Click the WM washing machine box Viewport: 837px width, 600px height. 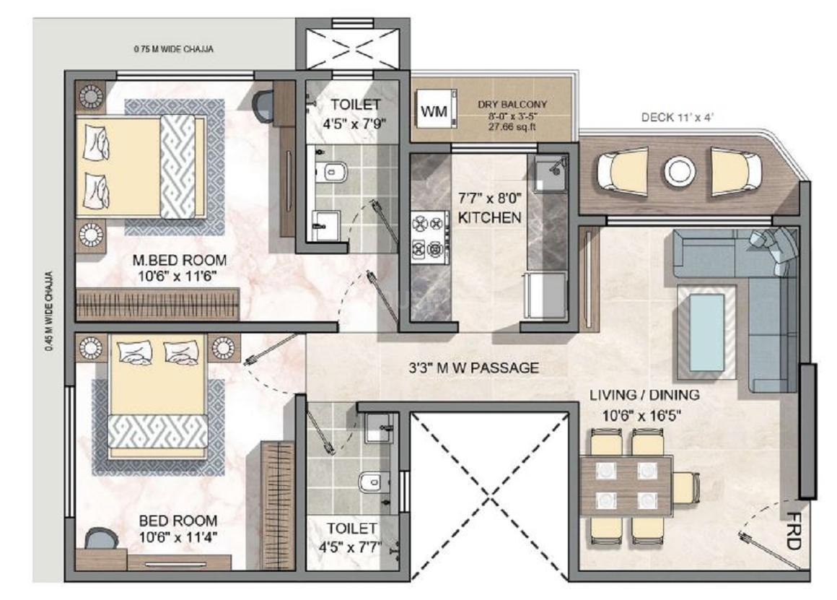pos(434,111)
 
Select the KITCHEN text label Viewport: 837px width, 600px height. pos(489,217)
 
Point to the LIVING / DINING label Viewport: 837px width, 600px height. pos(644,395)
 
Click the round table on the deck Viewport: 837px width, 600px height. pos(678,171)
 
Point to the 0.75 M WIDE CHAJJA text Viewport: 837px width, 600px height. pos(174,49)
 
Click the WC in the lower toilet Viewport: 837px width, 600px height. pos(372,479)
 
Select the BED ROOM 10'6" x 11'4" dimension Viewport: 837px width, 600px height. pos(178,537)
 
